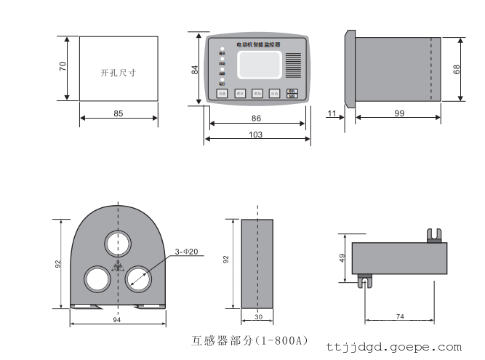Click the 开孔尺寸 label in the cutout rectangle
click(119, 73)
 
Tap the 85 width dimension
click(119, 113)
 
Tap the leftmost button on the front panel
click(222, 93)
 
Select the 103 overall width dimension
click(255, 135)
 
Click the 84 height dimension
click(194, 69)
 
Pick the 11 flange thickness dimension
click(332, 113)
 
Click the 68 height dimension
click(457, 69)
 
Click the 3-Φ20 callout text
click(186, 252)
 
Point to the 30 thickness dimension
click(259, 316)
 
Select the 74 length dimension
click(401, 316)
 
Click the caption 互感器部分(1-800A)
click(249, 340)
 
